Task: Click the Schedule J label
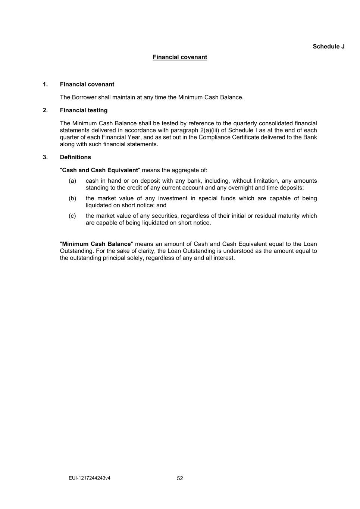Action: coord(328,47)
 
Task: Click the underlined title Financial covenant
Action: coord(180,57)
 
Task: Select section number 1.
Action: coord(45,84)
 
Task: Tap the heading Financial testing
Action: coord(84,110)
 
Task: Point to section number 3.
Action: coord(45,157)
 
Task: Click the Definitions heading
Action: coord(75,157)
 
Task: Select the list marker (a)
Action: coord(72,181)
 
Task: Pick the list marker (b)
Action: coord(72,198)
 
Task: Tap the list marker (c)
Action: coord(72,216)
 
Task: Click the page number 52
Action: coord(180,478)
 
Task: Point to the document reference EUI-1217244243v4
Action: coord(90,478)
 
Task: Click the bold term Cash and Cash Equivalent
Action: coord(100,170)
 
